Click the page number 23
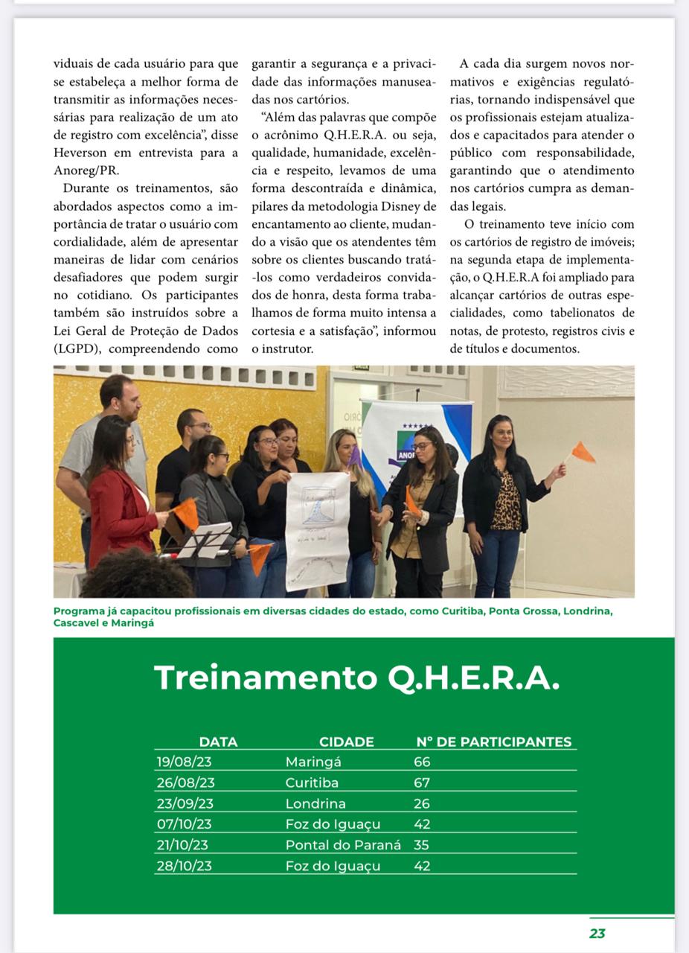pyautogui.click(x=597, y=934)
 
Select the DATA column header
pyautogui.click(x=218, y=742)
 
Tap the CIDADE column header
pyautogui.click(x=346, y=742)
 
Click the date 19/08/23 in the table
pyautogui.click(x=183, y=762)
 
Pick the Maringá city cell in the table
pyautogui.click(x=313, y=762)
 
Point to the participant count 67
pyautogui.click(x=422, y=783)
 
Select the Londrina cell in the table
pyautogui.click(x=315, y=803)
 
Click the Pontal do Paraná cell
pyautogui.click(x=343, y=845)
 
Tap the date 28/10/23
pyautogui.click(x=184, y=866)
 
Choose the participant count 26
pyautogui.click(x=422, y=803)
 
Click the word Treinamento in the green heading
pyautogui.click(x=265, y=678)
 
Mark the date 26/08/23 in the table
pyautogui.click(x=185, y=783)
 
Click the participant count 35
pyautogui.click(x=422, y=845)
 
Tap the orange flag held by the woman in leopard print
pyautogui.click(x=583, y=452)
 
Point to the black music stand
pyautogui.click(x=202, y=541)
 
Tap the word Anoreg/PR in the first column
pyautogui.click(x=86, y=170)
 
